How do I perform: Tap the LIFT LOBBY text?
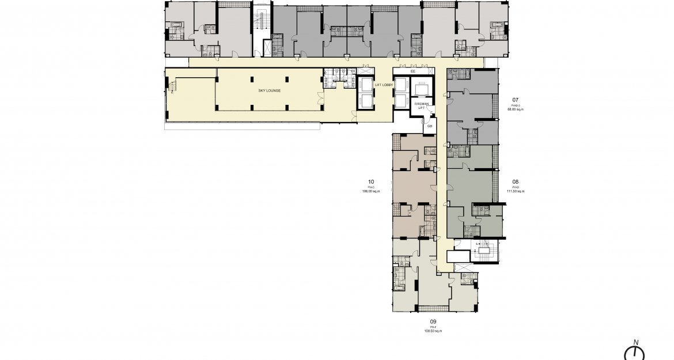pos(384,85)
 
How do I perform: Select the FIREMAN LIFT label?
pos(422,105)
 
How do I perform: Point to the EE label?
pos(412,71)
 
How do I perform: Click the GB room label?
pos(429,126)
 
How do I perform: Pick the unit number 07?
pos(515,100)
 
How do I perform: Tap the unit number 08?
pos(515,181)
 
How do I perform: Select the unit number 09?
pos(433,321)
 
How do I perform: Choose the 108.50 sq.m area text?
pos(433,331)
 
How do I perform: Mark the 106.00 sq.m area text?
pos(370,191)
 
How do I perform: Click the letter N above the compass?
pos(635,342)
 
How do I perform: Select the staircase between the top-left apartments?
pos(263,24)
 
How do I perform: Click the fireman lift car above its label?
pos(422,87)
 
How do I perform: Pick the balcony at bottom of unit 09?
pos(433,308)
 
